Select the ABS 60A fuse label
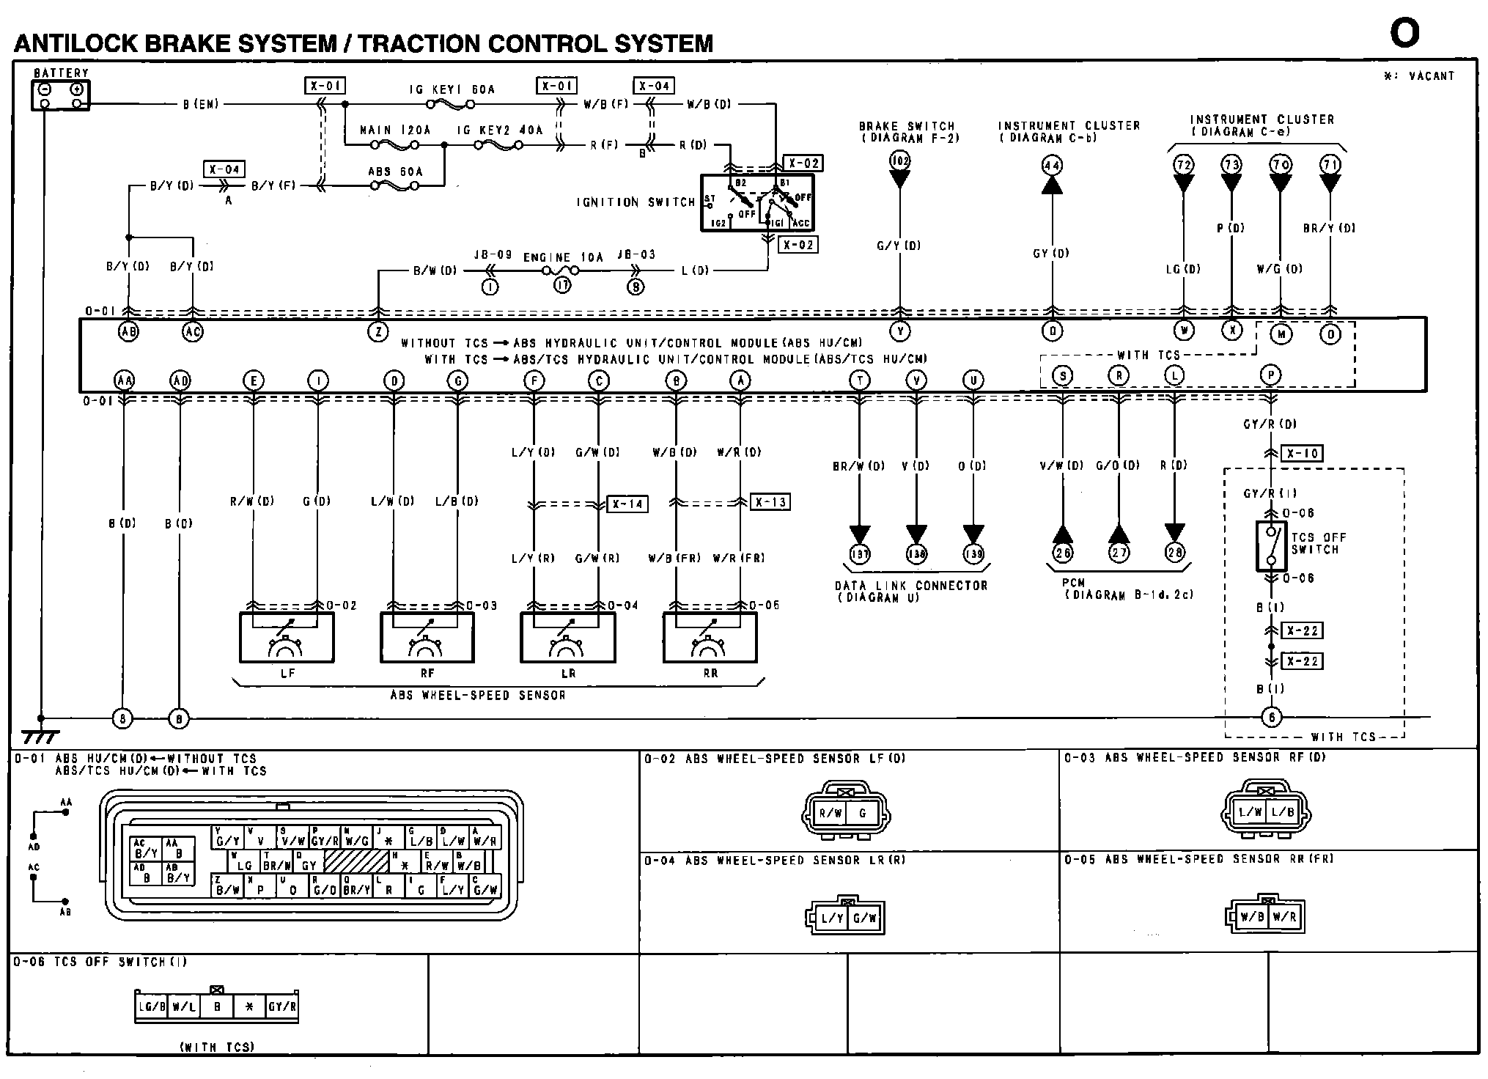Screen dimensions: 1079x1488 pos(395,172)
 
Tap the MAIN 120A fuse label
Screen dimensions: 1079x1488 pos(395,130)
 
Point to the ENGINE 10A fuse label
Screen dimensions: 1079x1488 pos(563,257)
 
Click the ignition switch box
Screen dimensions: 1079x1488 pos(756,202)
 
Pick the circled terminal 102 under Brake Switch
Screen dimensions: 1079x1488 pos(899,160)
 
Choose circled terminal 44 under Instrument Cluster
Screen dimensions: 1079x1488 pos(1052,165)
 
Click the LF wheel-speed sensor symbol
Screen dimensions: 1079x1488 pos(287,637)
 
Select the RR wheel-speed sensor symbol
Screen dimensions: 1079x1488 pos(710,637)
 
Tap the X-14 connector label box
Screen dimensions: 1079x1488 pos(627,504)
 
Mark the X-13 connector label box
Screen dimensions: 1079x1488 pos(770,502)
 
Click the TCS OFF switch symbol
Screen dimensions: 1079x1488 pos(1271,546)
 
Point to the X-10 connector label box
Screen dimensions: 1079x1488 pos(1303,454)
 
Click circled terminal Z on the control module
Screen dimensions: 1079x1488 pos(377,332)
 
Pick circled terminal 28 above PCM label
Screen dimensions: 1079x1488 pos(1174,552)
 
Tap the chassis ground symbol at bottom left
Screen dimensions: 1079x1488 pos(40,735)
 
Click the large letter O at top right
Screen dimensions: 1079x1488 pos(1404,33)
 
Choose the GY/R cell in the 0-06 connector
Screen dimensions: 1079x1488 pos(281,1006)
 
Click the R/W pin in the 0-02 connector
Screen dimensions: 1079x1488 pos(830,813)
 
